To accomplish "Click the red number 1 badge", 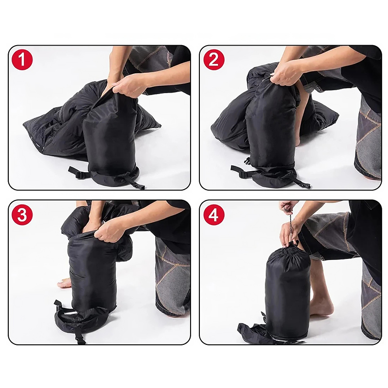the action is click(22, 60).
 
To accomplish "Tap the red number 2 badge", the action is click(214, 60).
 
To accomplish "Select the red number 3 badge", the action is click(22, 214).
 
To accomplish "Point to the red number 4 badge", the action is click(214, 214).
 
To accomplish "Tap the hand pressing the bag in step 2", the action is click(285, 72).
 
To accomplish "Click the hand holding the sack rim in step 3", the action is click(109, 231).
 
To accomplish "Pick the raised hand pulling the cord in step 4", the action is click(287, 207).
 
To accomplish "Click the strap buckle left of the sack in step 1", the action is click(79, 175).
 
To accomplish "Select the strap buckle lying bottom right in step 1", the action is click(139, 185).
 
